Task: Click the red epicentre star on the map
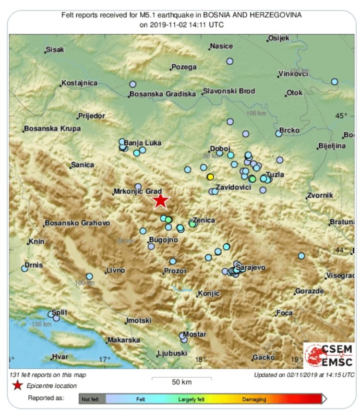point(160,201)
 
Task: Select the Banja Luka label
point(141,143)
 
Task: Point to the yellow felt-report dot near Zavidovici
point(210,177)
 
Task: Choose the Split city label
point(59,312)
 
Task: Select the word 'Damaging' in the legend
point(254,398)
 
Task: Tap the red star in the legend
point(17,385)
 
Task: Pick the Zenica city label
point(204,220)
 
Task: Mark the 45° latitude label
point(341,116)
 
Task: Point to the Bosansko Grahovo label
point(77,223)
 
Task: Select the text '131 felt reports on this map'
point(48,375)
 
